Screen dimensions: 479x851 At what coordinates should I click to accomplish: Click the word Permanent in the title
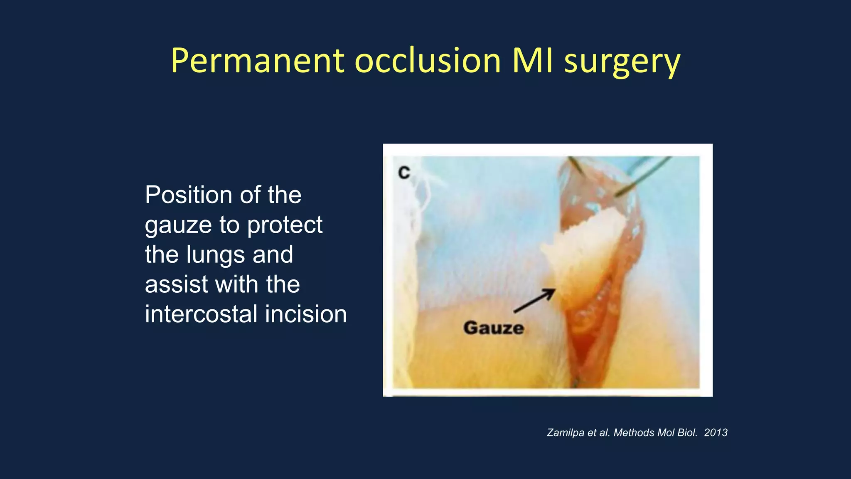click(257, 61)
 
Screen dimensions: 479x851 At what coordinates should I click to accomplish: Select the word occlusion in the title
click(428, 61)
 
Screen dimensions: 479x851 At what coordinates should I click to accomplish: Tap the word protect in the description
click(285, 225)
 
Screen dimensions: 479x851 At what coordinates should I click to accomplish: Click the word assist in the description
click(176, 284)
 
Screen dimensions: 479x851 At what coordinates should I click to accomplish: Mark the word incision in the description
click(306, 314)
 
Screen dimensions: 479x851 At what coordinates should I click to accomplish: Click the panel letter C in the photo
click(404, 173)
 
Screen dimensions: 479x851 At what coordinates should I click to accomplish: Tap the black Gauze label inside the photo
click(494, 328)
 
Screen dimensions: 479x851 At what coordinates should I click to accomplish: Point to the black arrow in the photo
click(534, 301)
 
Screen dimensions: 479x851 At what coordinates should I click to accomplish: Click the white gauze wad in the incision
click(586, 249)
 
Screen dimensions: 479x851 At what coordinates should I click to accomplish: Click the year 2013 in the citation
click(716, 433)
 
